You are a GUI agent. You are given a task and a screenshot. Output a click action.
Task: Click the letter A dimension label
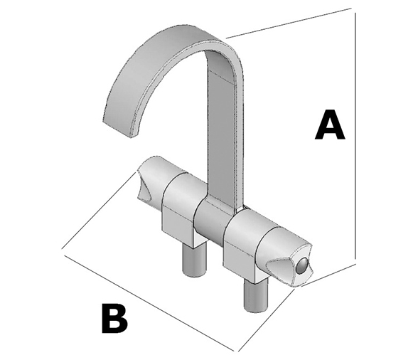[330, 125]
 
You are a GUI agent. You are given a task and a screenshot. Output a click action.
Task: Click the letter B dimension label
[114, 318]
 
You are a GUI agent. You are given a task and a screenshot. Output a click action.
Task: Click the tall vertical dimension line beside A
[355, 136]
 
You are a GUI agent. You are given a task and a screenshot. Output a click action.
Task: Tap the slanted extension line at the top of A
[289, 23]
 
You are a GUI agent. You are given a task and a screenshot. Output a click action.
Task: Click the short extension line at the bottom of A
[329, 275]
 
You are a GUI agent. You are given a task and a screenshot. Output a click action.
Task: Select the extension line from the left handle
[97, 211]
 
